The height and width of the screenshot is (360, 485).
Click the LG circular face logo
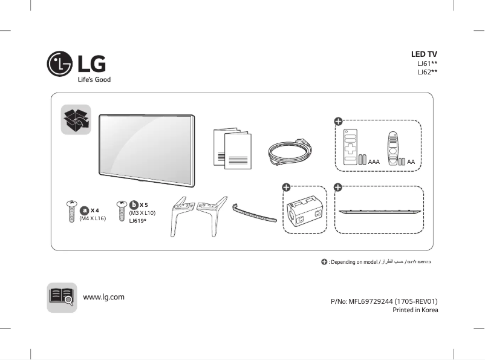point(60,64)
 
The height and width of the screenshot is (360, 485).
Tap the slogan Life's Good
point(94,79)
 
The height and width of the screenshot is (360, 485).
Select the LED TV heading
point(424,54)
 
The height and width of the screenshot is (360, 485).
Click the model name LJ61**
point(427,64)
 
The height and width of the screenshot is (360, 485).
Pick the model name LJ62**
point(427,72)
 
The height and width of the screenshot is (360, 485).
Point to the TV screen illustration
point(146,148)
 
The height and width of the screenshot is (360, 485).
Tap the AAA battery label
point(374,162)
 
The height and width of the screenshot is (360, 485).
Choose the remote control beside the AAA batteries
point(350,147)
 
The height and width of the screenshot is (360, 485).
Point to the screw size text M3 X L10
point(142,213)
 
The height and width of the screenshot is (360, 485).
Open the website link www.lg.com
point(103,296)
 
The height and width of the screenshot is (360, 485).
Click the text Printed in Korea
point(415,310)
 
